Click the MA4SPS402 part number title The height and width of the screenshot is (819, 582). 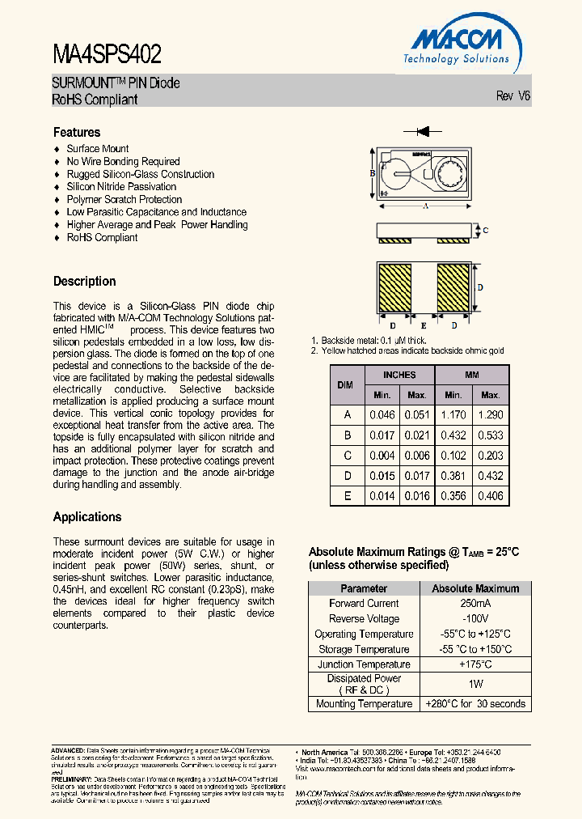tap(107, 54)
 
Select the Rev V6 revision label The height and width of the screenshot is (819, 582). tap(512, 95)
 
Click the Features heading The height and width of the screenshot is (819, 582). tap(77, 132)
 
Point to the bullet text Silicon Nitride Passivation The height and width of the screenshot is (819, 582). tap(121, 187)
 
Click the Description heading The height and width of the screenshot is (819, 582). tap(85, 282)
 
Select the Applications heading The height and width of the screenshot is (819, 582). tap(87, 517)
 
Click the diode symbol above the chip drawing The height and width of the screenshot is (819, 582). tap(422, 129)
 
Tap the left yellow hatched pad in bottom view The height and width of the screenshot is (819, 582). tap(396, 289)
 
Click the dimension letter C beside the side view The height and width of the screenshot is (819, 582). tap(484, 231)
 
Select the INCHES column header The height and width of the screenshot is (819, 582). tap(399, 375)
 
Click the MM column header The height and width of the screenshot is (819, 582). tap(472, 375)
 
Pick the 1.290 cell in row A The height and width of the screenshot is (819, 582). tap(491, 414)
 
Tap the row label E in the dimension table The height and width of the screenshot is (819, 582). tap(348, 496)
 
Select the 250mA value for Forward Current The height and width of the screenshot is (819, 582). tap(475, 604)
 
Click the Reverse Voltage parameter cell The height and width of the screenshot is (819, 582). tap(364, 619)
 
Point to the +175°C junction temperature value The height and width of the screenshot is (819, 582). tap(475, 665)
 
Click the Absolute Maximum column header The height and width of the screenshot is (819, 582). tap(475, 588)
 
